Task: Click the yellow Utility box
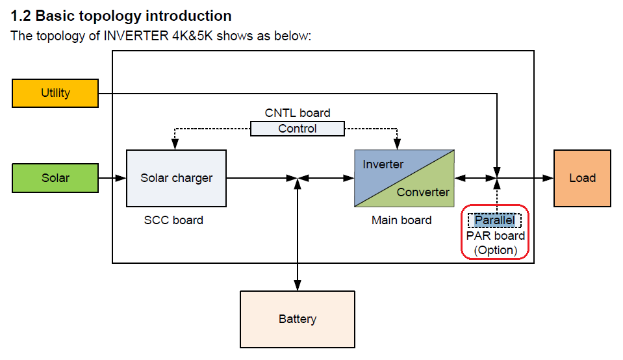[55, 93]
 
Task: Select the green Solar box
[55, 178]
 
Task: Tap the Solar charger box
[176, 178]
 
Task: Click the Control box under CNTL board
[298, 129]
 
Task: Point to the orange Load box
[582, 178]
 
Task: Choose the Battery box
[298, 319]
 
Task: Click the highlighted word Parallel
[494, 220]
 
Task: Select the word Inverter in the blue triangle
[383, 164]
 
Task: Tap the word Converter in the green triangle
[423, 192]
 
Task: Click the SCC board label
[173, 220]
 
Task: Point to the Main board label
[401, 220]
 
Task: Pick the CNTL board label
[298, 113]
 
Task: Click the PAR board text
[495, 235]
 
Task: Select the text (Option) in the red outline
[495, 250]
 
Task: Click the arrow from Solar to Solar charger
[112, 178]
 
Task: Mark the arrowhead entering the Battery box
[298, 287]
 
